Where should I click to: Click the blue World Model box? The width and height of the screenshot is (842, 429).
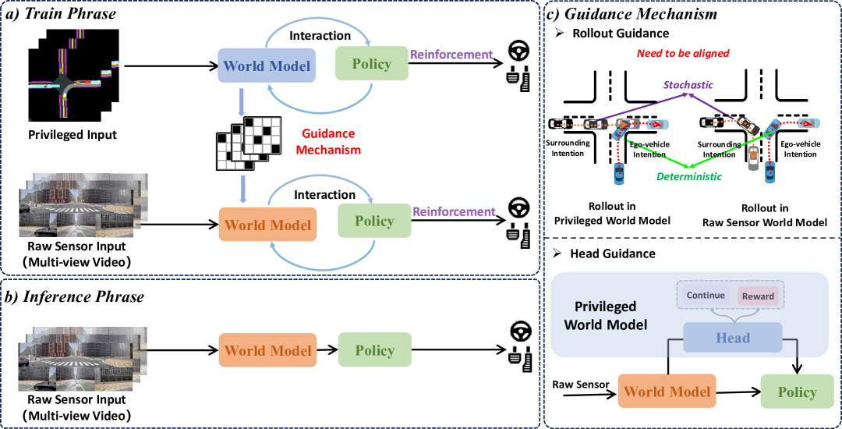267,66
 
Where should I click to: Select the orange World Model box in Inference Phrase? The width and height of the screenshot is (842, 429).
267,350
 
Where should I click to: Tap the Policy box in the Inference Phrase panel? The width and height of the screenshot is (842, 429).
375,350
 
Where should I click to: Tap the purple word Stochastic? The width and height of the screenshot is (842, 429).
688,85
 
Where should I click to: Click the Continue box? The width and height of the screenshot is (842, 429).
706,295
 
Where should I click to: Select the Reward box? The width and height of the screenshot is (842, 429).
758,296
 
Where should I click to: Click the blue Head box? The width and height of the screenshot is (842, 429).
733,338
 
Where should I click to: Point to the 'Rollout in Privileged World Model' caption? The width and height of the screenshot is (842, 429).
612,214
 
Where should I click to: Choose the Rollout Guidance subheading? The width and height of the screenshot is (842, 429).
621,34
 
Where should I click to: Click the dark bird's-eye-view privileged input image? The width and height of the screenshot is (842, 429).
74,79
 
